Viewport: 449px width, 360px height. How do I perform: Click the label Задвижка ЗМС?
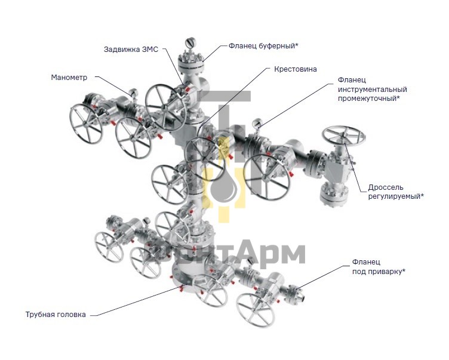[x=131, y=50]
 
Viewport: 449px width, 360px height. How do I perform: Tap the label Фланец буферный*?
[x=263, y=46]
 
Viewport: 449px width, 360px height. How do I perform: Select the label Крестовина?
[x=296, y=69]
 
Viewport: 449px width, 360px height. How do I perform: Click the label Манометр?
[x=69, y=78]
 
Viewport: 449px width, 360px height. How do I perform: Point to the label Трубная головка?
[x=56, y=315]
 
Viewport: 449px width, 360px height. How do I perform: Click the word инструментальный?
[x=372, y=90]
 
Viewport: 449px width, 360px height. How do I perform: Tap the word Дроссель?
[x=386, y=187]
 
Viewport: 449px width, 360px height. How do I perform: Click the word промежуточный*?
[x=369, y=99]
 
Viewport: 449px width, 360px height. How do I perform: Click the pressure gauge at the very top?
[x=190, y=43]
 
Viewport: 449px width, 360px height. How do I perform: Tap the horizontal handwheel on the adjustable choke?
[x=344, y=136]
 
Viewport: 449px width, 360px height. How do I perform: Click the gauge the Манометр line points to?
[x=133, y=93]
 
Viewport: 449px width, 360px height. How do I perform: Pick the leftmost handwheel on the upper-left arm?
[x=86, y=124]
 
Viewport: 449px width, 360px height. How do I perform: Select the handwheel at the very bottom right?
[x=256, y=310]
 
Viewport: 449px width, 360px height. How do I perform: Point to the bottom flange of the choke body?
[x=334, y=194]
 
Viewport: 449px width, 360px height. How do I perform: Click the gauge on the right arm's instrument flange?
[x=257, y=124]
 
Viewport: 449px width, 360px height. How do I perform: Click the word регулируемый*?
[x=396, y=196]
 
